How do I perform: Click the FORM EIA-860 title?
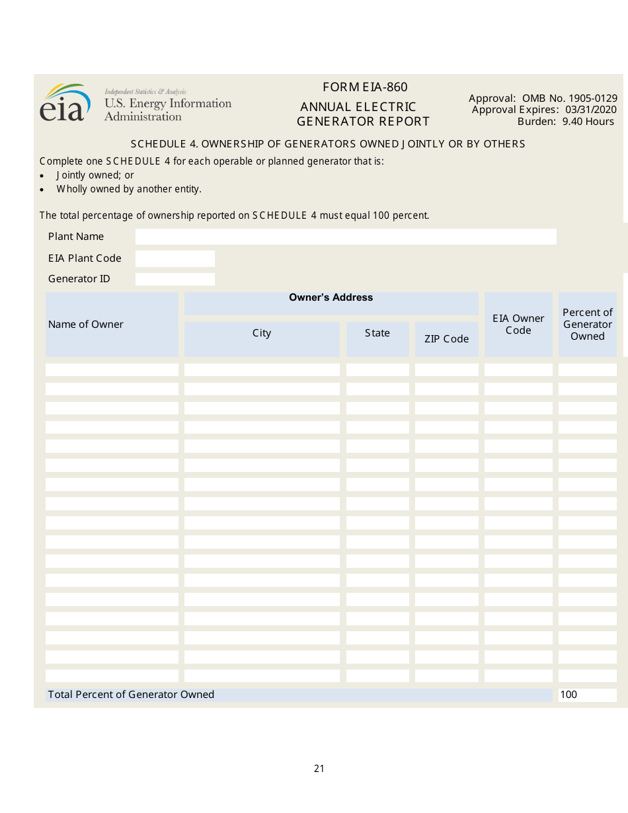tap(365, 87)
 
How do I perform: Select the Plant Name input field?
tap(346, 237)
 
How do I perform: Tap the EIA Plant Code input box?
tap(175, 258)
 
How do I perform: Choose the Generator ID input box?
tap(175, 279)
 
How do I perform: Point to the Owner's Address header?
tap(331, 298)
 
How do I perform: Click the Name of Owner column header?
tap(86, 325)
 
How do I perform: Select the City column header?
tap(262, 333)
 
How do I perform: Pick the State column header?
tap(377, 333)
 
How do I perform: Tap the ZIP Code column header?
tap(446, 339)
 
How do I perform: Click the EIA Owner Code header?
tap(518, 325)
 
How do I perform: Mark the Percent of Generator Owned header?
tap(588, 325)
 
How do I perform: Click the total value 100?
tap(569, 695)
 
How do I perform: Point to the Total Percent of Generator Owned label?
tap(131, 695)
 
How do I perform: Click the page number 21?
tap(319, 769)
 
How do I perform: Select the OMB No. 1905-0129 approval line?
tap(543, 98)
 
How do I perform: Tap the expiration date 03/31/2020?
tap(591, 110)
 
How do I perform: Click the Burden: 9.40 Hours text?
tap(565, 122)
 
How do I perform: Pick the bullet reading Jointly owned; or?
tap(95, 175)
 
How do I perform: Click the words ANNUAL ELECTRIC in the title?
tap(358, 107)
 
